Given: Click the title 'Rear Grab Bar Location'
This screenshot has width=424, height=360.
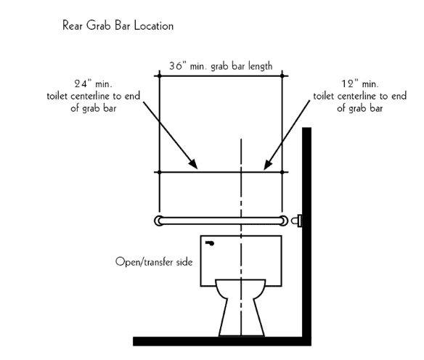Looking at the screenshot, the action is (x=118, y=25).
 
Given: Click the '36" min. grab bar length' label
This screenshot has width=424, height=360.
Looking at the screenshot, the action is (x=221, y=66).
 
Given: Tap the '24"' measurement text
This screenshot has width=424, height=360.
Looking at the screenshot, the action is (x=81, y=83).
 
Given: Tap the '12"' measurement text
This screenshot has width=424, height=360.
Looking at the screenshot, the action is (x=348, y=83).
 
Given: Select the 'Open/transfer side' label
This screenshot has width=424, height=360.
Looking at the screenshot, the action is (x=154, y=262).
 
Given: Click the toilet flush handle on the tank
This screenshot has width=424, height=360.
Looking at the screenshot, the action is (x=210, y=244).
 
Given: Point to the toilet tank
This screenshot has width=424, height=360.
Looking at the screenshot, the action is (x=241, y=261).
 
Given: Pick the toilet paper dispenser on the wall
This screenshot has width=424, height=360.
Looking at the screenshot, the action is (x=297, y=221).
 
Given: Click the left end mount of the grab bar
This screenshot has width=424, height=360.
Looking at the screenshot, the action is (x=158, y=221).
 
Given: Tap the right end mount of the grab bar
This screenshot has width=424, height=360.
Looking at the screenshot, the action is (x=284, y=221).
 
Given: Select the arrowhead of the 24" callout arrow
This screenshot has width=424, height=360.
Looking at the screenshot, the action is (x=193, y=164).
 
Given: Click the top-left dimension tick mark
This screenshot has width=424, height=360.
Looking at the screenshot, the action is (x=159, y=76).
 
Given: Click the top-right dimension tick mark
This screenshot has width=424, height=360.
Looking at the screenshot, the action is (x=282, y=76).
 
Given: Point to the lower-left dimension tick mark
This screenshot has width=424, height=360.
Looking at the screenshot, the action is (x=159, y=172).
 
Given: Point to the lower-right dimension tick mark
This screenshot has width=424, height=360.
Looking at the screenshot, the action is (x=282, y=172).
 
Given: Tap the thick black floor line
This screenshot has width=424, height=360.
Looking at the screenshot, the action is (x=222, y=341).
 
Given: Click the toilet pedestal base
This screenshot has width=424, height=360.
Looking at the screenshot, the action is (x=242, y=318).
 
